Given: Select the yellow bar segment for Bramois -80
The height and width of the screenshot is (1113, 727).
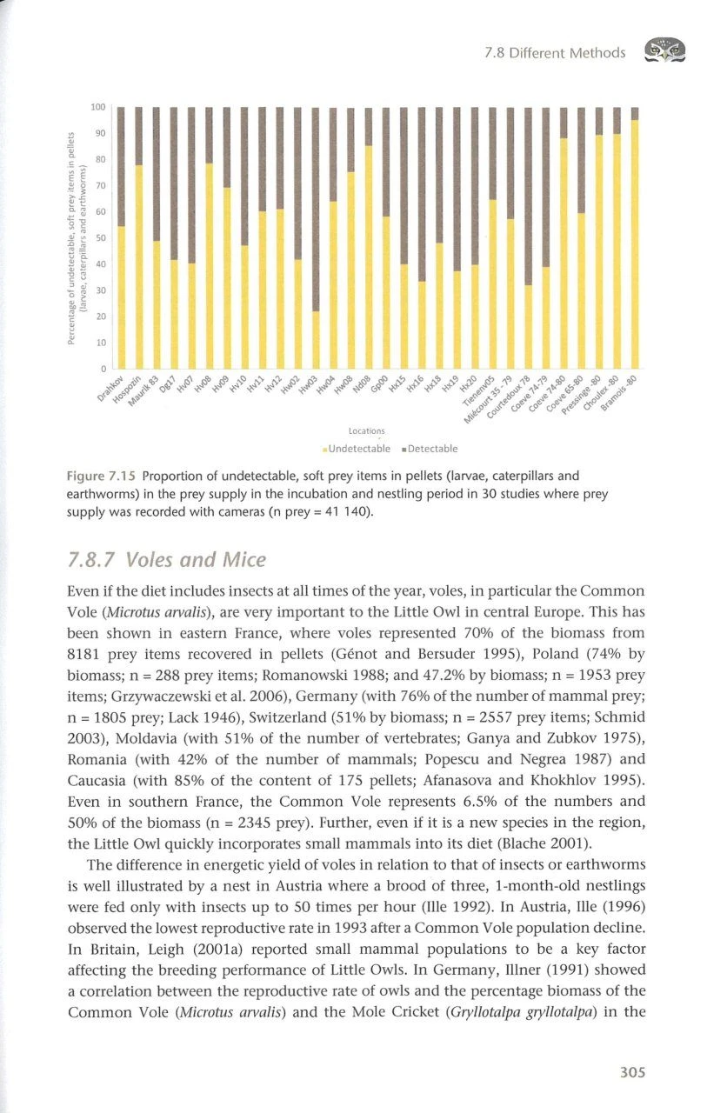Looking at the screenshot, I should point(635,243).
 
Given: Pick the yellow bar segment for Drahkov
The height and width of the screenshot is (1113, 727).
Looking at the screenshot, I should point(122,297).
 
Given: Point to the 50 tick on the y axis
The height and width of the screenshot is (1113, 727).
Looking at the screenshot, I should point(100,237).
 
